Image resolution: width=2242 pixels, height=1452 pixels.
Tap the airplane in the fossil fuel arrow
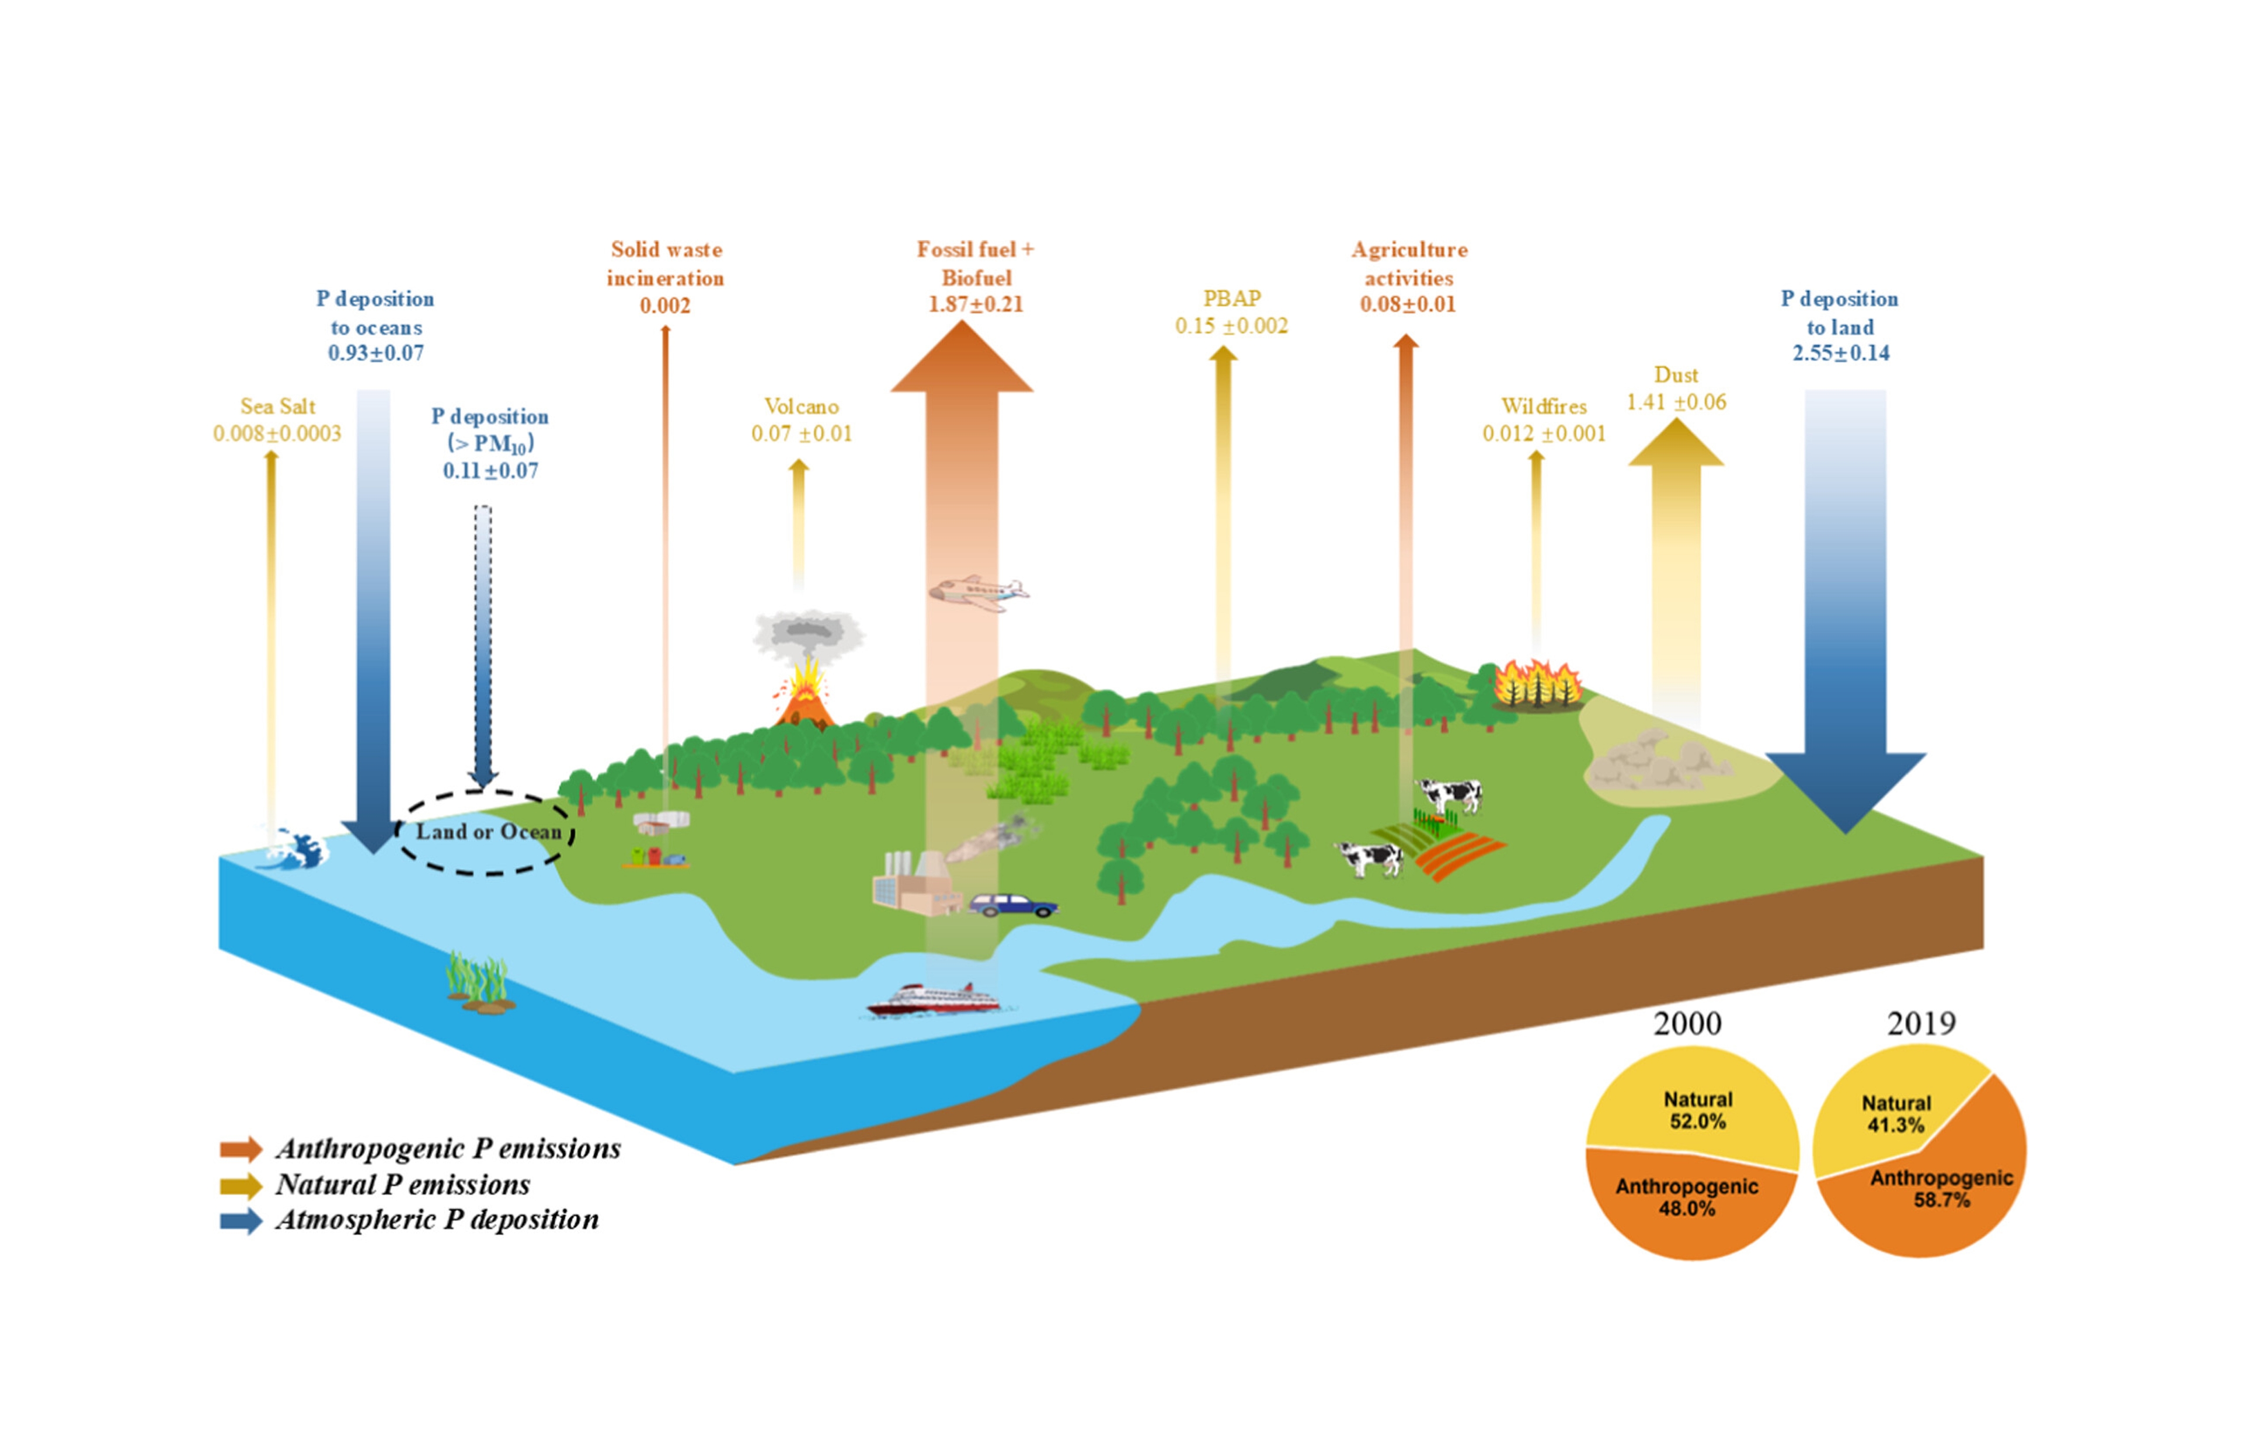coord(979,593)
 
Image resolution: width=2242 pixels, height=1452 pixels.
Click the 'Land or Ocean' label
coord(488,832)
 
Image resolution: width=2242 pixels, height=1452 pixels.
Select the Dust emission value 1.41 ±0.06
coord(1676,402)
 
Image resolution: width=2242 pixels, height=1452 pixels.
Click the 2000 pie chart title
coord(1687,1023)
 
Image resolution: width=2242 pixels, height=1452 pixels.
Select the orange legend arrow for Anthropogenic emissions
coord(240,1149)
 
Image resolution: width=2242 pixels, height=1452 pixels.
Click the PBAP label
coord(1231,298)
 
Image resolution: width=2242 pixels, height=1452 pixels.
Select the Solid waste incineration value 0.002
coord(665,306)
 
